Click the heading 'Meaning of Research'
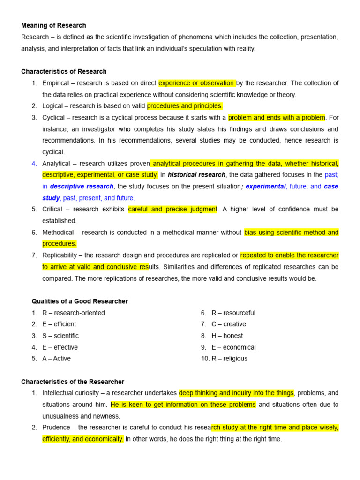53,25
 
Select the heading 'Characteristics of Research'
64,72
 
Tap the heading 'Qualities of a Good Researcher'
80,301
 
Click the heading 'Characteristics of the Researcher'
73,382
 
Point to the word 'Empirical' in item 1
55,83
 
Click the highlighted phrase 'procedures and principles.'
185,106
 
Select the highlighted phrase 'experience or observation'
197,83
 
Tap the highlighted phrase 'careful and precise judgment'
173,209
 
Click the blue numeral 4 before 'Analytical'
34,164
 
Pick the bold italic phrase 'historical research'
197,175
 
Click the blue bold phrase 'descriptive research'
82,187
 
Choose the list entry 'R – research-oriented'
74,313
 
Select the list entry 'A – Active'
57,359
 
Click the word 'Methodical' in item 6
58,232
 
